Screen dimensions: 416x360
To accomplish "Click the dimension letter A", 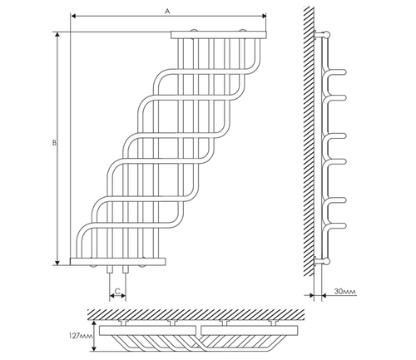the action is click(x=167, y=11).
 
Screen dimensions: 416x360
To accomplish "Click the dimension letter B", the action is click(x=54, y=143).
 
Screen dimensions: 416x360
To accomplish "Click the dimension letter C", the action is click(x=117, y=291).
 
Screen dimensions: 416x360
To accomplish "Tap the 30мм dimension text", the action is click(x=345, y=291).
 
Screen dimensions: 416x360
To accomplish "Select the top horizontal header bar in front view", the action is click(x=219, y=35).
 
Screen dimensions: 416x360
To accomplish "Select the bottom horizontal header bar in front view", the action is click(x=118, y=261).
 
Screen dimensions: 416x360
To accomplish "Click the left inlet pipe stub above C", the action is click(x=110, y=269).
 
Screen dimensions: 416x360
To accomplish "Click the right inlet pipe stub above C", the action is click(x=126, y=269).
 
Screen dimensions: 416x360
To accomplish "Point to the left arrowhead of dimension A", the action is click(x=73, y=16).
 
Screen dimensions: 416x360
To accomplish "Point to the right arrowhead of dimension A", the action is click(x=264, y=16).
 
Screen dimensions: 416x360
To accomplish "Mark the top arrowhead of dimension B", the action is click(x=57, y=34).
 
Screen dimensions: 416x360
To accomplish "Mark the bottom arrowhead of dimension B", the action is click(x=57, y=263).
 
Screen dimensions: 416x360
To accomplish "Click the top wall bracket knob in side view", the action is click(x=327, y=35).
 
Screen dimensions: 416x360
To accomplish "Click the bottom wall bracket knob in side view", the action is click(x=327, y=261).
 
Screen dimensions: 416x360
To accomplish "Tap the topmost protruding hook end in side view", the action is click(x=344, y=72).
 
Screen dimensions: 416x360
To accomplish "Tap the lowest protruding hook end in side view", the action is click(x=344, y=225).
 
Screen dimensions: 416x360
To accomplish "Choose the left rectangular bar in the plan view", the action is click(x=147, y=330).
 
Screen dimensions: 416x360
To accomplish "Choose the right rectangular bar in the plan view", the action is click(x=250, y=330).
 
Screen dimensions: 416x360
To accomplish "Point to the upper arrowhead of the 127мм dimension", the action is click(x=94, y=323).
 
